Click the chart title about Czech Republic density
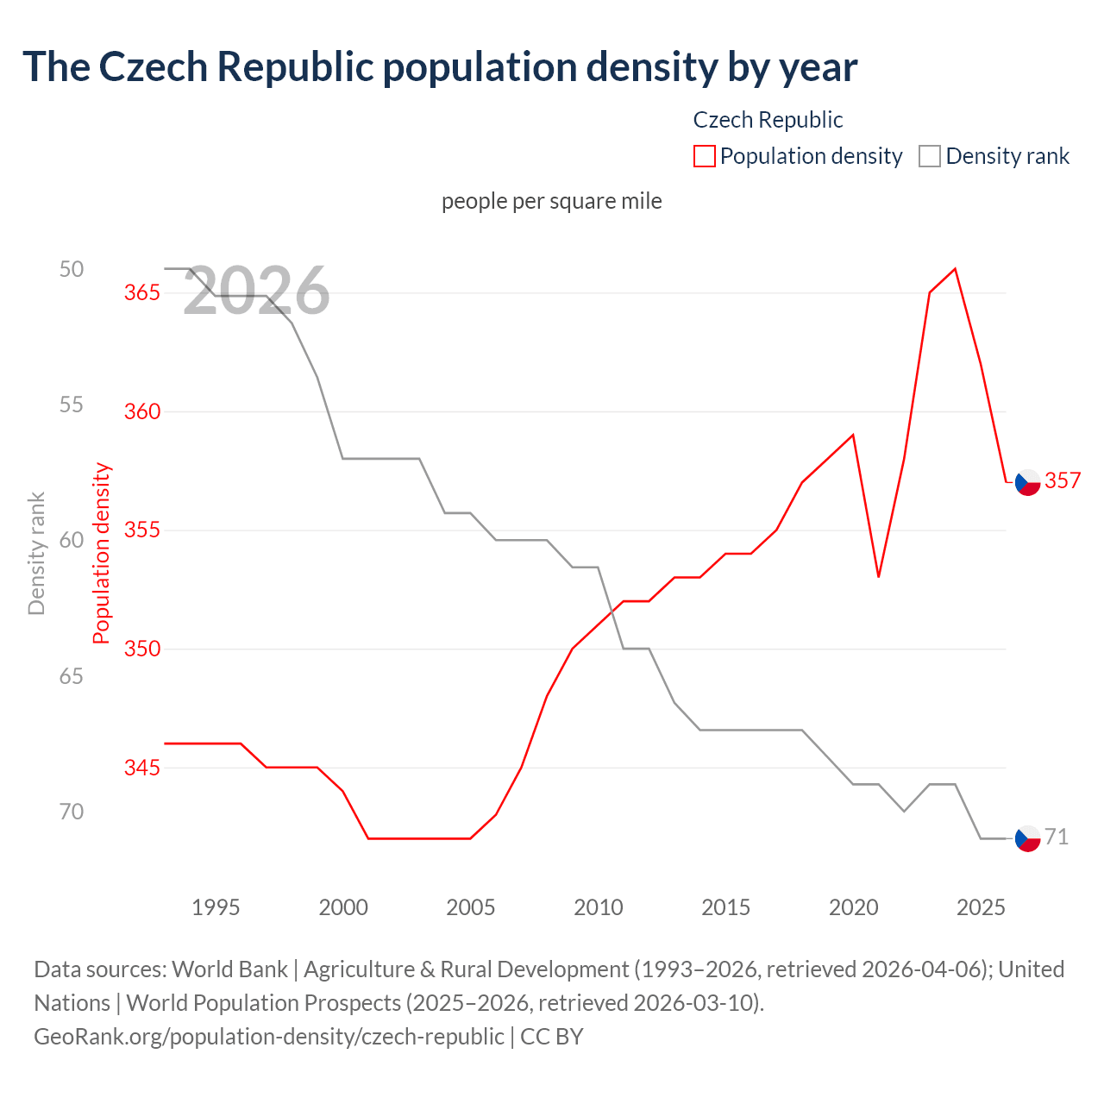click(x=440, y=67)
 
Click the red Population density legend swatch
click(x=704, y=156)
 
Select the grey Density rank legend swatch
click(x=929, y=156)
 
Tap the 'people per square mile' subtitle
click(x=552, y=201)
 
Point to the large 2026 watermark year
click(x=256, y=292)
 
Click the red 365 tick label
click(x=142, y=292)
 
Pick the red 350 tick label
click(x=142, y=649)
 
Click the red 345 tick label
click(x=142, y=768)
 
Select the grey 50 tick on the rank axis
click(x=72, y=269)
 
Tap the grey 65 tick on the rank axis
click(x=72, y=676)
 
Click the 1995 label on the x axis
click(x=216, y=907)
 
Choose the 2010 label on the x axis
click(x=599, y=907)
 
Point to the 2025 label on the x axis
click(x=981, y=907)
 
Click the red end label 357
click(x=1063, y=481)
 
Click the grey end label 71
click(x=1057, y=837)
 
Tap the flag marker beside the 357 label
click(x=1027, y=483)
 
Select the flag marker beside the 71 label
click(x=1027, y=838)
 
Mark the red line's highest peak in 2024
click(x=955, y=269)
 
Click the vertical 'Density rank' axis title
click(x=36, y=554)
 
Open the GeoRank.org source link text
click(x=269, y=1036)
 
